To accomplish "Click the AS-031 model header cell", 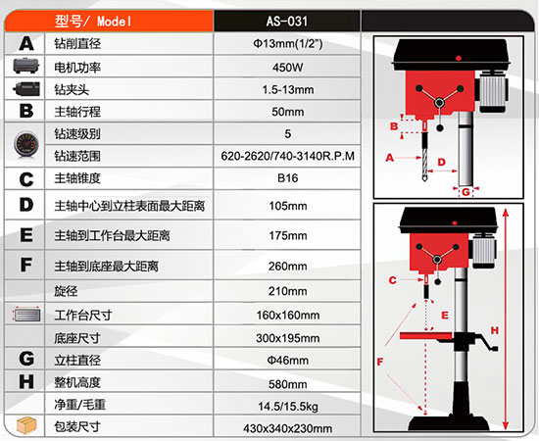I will point(287,19).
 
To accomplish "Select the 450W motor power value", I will point(287,66).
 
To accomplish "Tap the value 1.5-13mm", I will point(287,88).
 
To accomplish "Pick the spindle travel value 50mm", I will point(287,111).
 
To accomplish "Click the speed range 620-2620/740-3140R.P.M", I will point(287,156).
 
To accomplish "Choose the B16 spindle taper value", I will point(287,178).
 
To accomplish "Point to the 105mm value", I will point(287,206).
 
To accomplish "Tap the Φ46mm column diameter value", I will point(287,360).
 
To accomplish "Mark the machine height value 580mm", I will point(287,382).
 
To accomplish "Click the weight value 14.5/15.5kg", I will point(287,405).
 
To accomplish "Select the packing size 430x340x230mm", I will point(287,427).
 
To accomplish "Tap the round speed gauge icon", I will point(24,144).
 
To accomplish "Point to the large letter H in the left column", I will point(26,382).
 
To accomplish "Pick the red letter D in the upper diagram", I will point(441,162).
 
